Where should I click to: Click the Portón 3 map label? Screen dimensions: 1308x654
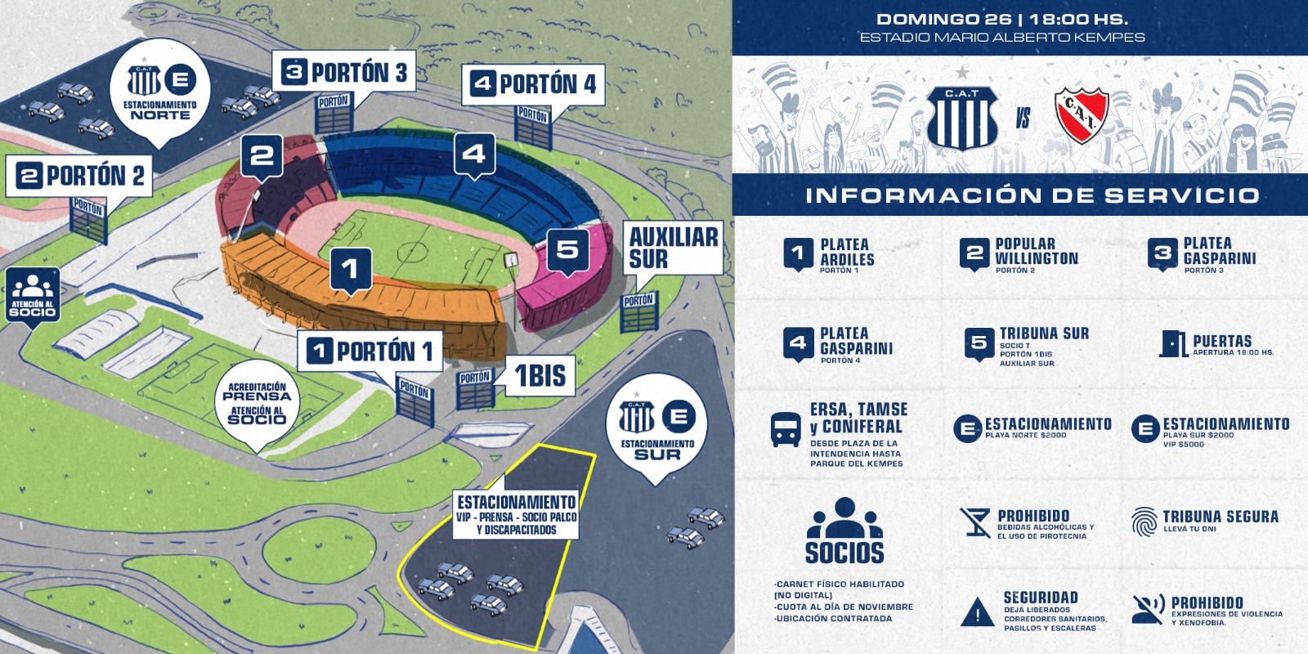pyautogui.click(x=344, y=72)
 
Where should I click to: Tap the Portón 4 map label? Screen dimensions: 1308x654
pyautogui.click(x=533, y=84)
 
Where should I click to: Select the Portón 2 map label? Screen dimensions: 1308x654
pyautogui.click(x=78, y=175)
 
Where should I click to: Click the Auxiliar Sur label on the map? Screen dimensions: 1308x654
pyautogui.click(x=674, y=248)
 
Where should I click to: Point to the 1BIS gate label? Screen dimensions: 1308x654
pyautogui.click(x=540, y=375)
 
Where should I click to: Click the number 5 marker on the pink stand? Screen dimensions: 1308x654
pyautogui.click(x=567, y=252)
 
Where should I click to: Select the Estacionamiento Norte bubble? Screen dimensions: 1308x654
pyautogui.click(x=160, y=91)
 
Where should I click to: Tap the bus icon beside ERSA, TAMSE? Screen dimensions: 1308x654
pyautogui.click(x=786, y=430)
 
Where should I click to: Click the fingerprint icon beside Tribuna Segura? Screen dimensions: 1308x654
pyautogui.click(x=1144, y=522)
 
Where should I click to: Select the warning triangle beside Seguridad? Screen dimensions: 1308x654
pyautogui.click(x=978, y=612)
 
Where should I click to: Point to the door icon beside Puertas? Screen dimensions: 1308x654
pyautogui.click(x=1172, y=343)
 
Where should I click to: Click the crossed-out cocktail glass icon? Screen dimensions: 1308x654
pyautogui.click(x=975, y=522)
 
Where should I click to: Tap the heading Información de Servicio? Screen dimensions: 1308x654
pyautogui.click(x=1032, y=195)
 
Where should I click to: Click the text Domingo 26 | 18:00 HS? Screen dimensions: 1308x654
pyautogui.click(x=1002, y=20)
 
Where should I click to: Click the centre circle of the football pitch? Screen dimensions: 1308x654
pyautogui.click(x=412, y=252)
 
